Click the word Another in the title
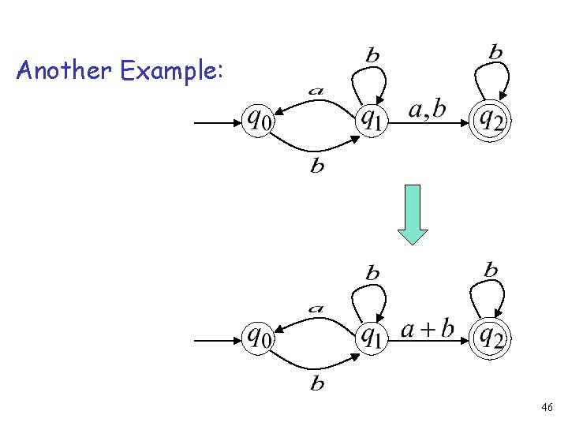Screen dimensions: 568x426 coord(64,72)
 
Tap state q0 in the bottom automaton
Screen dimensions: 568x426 coord(258,338)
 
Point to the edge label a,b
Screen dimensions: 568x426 coord(427,110)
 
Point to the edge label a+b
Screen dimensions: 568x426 coord(428,328)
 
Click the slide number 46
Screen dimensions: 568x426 coord(547,407)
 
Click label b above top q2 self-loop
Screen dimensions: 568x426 coord(495,53)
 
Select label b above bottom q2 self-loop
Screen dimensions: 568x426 coord(491,270)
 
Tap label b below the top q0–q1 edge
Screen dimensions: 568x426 coord(317,166)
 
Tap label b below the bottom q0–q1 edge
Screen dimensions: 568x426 coord(317,384)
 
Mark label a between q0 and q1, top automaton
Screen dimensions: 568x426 coord(316,91)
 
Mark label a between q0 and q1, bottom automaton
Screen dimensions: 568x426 coord(316,308)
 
